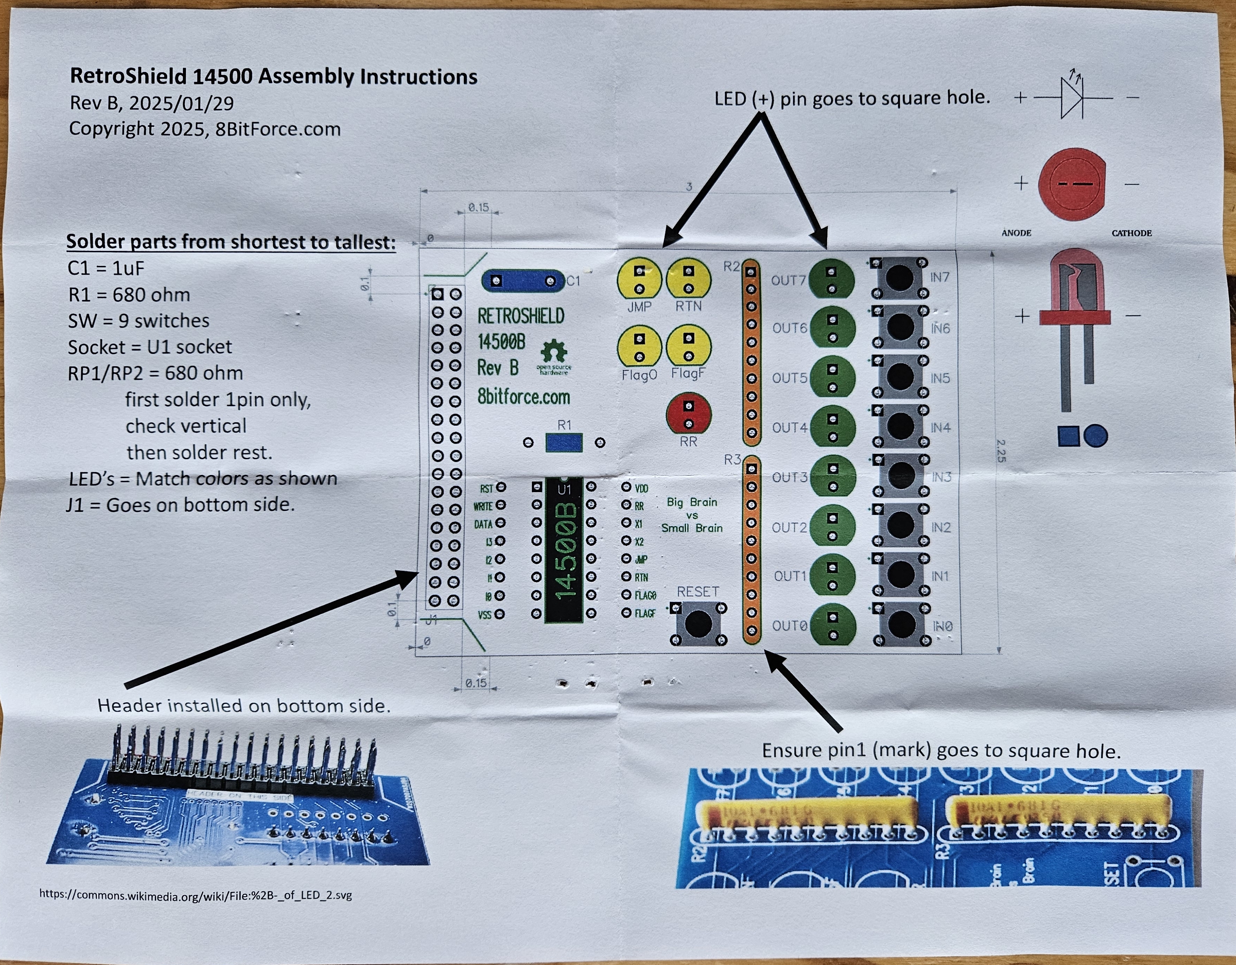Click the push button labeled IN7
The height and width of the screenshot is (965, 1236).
tap(899, 278)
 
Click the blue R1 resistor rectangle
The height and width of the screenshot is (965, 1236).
tap(564, 443)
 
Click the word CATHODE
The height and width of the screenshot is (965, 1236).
tap(1131, 233)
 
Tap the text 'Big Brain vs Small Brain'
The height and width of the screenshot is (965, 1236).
tap(692, 515)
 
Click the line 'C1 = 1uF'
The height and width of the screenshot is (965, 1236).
tap(106, 268)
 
